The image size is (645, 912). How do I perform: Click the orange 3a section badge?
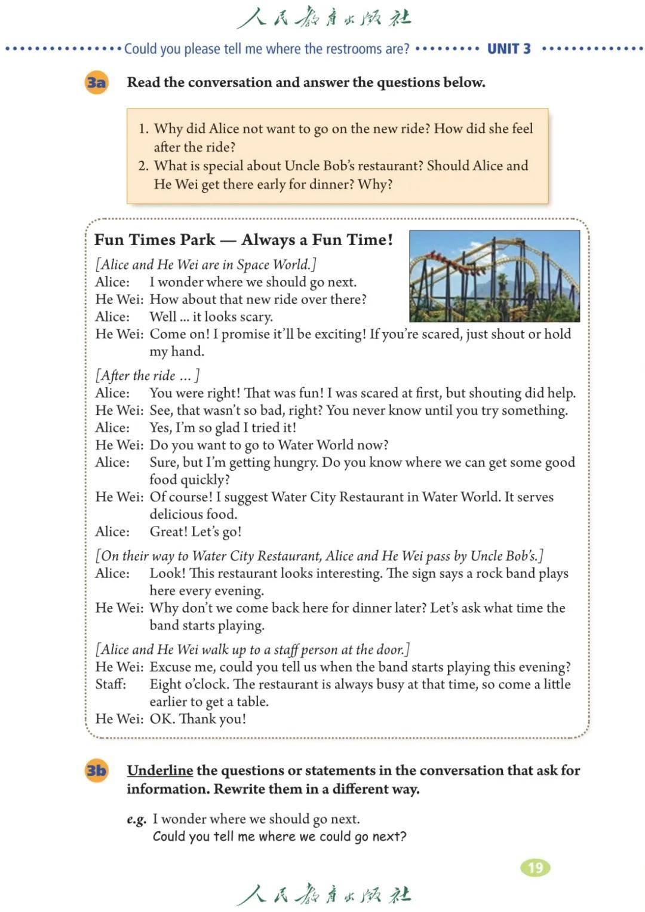[96, 82]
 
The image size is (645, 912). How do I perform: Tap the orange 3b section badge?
[96, 770]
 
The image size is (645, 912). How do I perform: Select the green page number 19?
[535, 868]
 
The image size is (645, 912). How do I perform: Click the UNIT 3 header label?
[509, 49]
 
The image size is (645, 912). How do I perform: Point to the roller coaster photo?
[494, 276]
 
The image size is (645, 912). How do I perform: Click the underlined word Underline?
[159, 770]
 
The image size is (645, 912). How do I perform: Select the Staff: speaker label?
[110, 684]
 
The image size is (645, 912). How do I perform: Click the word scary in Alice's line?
[255, 317]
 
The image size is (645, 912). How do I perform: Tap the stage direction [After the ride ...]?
[147, 375]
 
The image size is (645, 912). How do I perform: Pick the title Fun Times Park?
[155, 240]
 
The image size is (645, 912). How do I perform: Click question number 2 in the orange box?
[143, 166]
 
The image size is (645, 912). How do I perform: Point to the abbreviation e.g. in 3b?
[136, 819]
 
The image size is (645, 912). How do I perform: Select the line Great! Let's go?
[195, 531]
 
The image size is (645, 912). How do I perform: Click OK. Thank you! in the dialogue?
[198, 719]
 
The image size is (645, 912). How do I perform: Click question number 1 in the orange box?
[143, 128]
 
